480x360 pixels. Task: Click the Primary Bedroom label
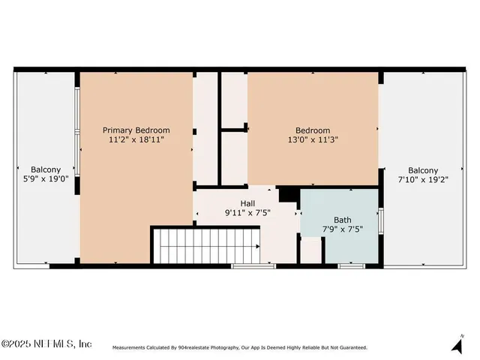coord(136,130)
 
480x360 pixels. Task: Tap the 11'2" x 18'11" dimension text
coord(136,139)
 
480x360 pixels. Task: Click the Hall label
coord(247,203)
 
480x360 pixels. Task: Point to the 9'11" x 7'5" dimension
coord(247,213)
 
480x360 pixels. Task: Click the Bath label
coord(343,220)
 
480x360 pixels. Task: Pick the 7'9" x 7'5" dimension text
coord(343,229)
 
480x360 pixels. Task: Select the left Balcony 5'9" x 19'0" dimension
coord(46,180)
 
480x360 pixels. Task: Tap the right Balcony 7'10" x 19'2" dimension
coord(424,180)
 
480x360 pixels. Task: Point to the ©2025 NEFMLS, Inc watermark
coord(46,343)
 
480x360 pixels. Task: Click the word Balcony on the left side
coord(46,170)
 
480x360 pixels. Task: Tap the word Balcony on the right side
coord(424,170)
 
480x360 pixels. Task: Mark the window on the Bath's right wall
coord(381,220)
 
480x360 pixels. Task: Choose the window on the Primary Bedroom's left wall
coord(76,132)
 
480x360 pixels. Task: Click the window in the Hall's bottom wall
coord(253,265)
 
